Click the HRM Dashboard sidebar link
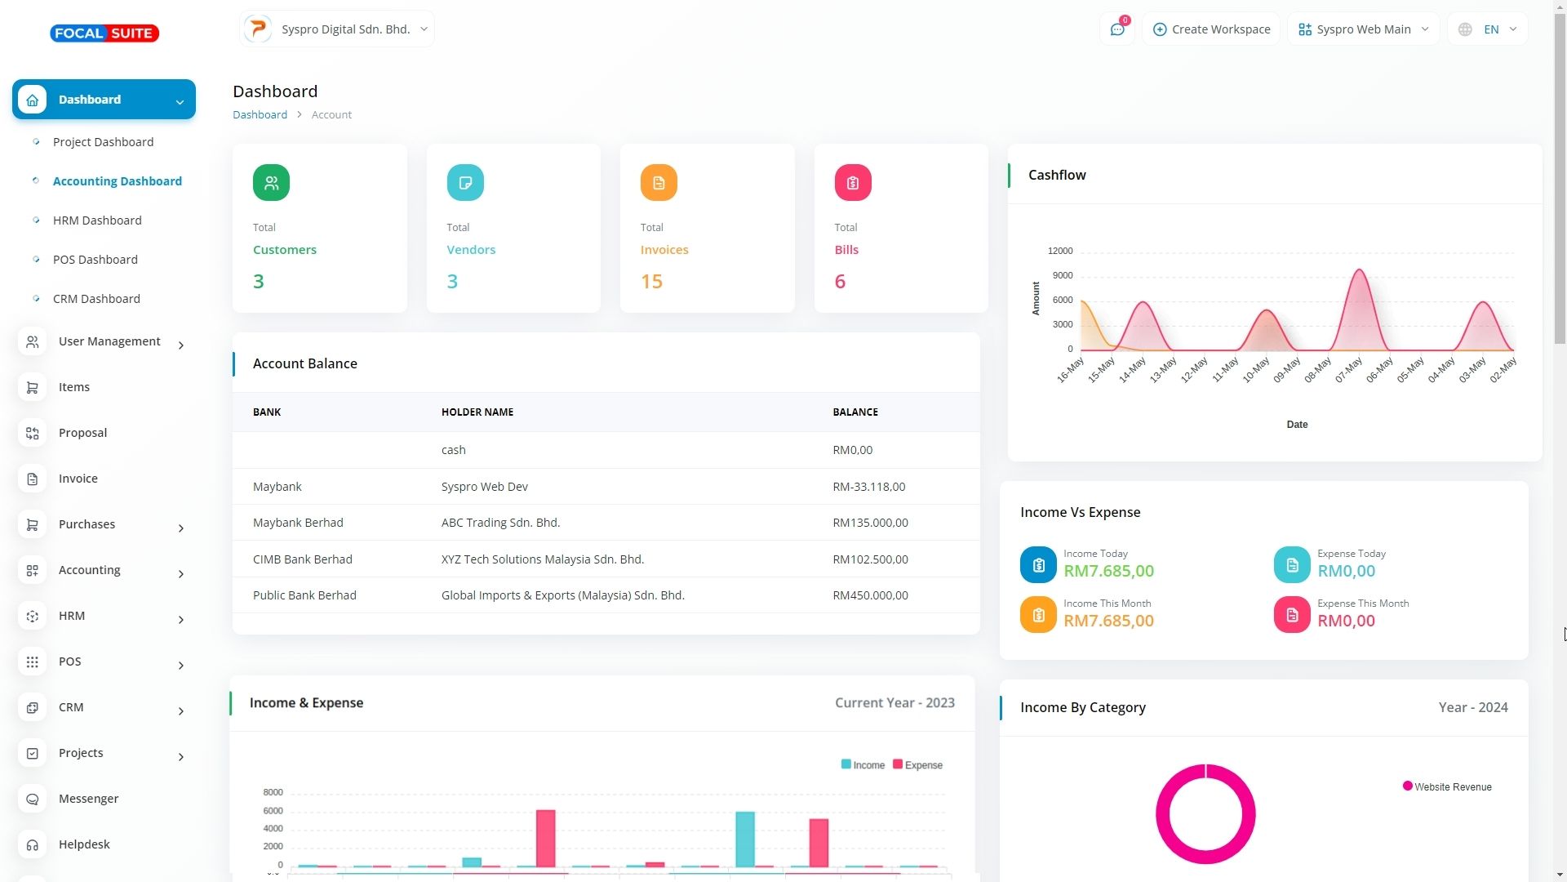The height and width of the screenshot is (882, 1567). tap(97, 220)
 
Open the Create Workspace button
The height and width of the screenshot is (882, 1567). tap(1211, 29)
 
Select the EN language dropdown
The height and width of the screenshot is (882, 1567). tap(1489, 29)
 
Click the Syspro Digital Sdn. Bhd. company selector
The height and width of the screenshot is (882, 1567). tap(337, 29)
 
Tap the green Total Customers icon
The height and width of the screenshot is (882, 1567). tap(271, 183)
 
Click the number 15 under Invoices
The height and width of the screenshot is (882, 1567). tap(651, 282)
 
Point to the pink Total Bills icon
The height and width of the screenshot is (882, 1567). tap(852, 183)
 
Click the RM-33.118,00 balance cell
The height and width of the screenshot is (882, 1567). tap(868, 487)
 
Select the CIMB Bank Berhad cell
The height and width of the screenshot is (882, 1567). tap(303, 559)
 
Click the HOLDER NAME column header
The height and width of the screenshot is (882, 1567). tap(477, 412)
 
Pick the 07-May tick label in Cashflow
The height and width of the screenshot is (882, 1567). tap(1349, 370)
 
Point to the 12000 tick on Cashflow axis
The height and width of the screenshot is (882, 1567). tap(1060, 252)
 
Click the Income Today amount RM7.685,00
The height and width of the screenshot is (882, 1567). tap(1108, 571)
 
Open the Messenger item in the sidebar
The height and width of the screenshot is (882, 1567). tap(88, 799)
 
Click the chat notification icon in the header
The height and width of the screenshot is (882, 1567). tap(1117, 29)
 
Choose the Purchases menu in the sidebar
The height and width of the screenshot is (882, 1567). tap(87, 524)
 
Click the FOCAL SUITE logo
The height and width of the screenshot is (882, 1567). tap(104, 33)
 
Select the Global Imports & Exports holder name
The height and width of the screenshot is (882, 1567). tap(563, 595)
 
